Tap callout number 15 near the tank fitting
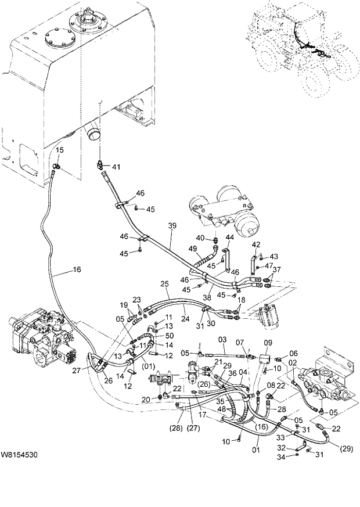60,150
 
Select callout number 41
116,167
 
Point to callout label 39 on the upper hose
171,225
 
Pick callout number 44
230,237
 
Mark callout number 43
274,256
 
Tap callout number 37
277,269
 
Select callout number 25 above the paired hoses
164,283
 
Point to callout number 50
169,336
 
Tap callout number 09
268,342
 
